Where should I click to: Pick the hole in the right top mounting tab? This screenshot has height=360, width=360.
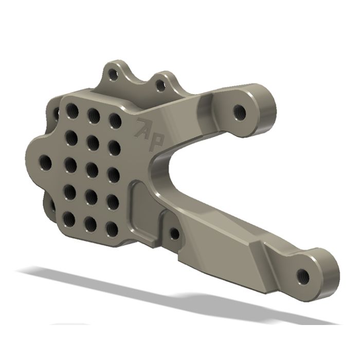160,85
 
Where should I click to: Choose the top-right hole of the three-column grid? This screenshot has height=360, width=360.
115,121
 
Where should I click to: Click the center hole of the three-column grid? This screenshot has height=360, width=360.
91,168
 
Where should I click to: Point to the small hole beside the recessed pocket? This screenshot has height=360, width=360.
174,234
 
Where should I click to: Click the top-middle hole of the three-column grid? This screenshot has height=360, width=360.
93,116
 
